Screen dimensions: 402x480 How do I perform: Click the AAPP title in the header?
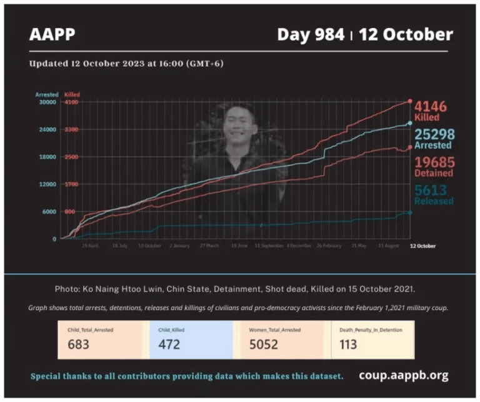pyautogui.click(x=52, y=34)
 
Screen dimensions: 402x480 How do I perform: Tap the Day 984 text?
pyautogui.click(x=311, y=34)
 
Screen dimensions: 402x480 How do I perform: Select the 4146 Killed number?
pyautogui.click(x=431, y=106)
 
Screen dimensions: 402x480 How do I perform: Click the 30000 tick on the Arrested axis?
pyautogui.click(x=47, y=102)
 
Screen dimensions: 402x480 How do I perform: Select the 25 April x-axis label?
pyautogui.click(x=90, y=246)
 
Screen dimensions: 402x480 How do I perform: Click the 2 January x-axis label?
pyautogui.click(x=179, y=246)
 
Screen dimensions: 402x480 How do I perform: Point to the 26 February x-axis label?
pyautogui.click(x=329, y=246)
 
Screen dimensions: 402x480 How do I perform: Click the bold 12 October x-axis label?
pyautogui.click(x=422, y=246)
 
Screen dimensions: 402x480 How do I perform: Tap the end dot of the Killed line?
pyautogui.click(x=409, y=101)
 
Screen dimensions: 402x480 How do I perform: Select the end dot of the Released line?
pyautogui.click(x=409, y=213)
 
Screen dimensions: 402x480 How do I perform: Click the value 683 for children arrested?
pyautogui.click(x=78, y=344)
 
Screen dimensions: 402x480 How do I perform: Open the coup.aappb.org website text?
pyautogui.click(x=404, y=376)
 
